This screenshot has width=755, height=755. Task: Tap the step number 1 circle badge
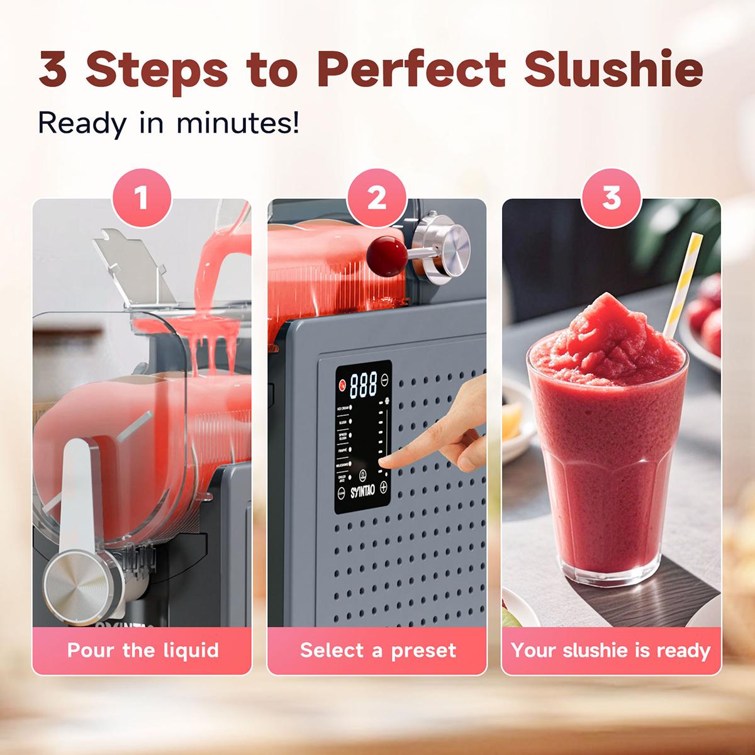tap(141, 199)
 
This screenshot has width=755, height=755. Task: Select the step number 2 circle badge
tap(376, 199)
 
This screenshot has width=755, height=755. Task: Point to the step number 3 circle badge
tap(612, 199)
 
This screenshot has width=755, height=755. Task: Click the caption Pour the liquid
tap(143, 649)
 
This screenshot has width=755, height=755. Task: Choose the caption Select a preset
tap(377, 649)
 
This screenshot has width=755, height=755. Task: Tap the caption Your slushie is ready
tap(611, 649)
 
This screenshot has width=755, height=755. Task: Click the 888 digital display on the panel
tap(363, 382)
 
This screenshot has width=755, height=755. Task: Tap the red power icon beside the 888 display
tap(342, 384)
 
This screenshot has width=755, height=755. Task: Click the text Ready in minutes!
tap(169, 122)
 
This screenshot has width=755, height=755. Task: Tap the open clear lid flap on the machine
tap(133, 264)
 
